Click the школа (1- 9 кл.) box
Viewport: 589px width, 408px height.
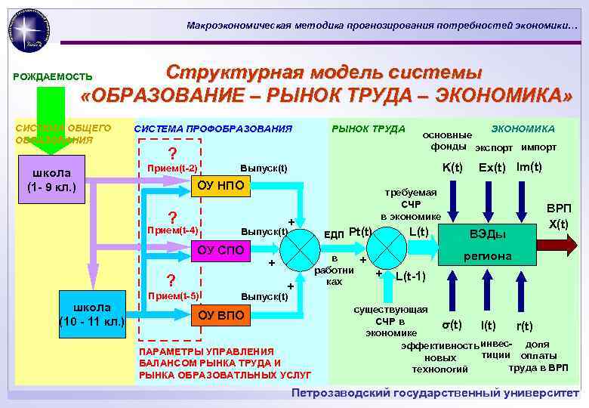pos(53,178)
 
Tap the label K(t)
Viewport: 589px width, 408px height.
pos(452,167)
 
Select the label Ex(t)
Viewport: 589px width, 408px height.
pos(491,167)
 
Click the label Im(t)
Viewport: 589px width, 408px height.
pos(529,166)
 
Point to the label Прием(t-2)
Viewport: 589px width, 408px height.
pos(172,168)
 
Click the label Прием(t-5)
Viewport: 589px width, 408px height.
pos(172,295)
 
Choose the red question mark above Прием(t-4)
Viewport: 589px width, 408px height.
pos(172,216)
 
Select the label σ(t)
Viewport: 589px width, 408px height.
pos(451,325)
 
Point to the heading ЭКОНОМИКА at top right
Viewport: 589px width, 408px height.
pos(523,129)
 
